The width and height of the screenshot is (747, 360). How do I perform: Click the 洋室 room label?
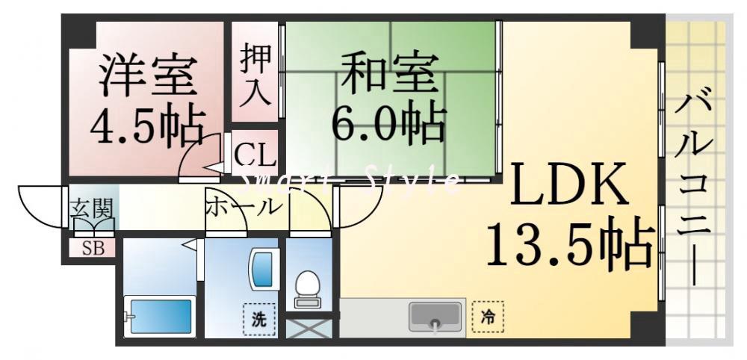147,73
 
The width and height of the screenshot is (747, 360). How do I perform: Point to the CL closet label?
255,156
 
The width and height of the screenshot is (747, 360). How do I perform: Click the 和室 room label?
388,70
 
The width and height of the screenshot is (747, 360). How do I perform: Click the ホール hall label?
241,206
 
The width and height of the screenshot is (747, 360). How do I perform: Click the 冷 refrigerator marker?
488,317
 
